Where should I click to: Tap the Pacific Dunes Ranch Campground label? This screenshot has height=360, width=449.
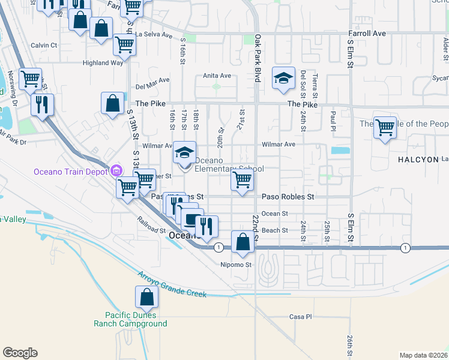pyautogui.click(x=130, y=319)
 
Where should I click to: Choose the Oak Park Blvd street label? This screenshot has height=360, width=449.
pyautogui.click(x=258, y=50)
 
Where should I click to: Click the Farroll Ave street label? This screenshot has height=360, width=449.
pyautogui.click(x=368, y=34)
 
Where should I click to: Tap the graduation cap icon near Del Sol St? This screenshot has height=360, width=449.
pyautogui.click(x=283, y=78)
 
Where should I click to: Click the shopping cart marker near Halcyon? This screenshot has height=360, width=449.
pyautogui.click(x=385, y=128)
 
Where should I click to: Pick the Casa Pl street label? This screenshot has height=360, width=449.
pyautogui.click(x=301, y=316)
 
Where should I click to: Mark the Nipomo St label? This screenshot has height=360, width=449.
pyautogui.click(x=234, y=264)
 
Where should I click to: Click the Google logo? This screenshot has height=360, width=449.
pyautogui.click(x=20, y=353)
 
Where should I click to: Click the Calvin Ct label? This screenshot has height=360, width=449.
pyautogui.click(x=44, y=45)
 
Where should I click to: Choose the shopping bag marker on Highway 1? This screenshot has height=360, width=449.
pyautogui.click(x=243, y=242)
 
